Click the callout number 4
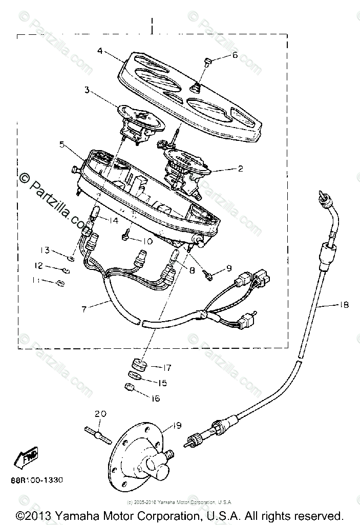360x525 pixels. [100, 51]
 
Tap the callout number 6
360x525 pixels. [235, 55]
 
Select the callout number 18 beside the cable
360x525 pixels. [344, 305]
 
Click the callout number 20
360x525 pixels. [101, 413]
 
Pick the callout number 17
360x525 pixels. [167, 367]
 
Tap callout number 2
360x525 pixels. [240, 167]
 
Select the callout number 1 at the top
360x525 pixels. [152, 22]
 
